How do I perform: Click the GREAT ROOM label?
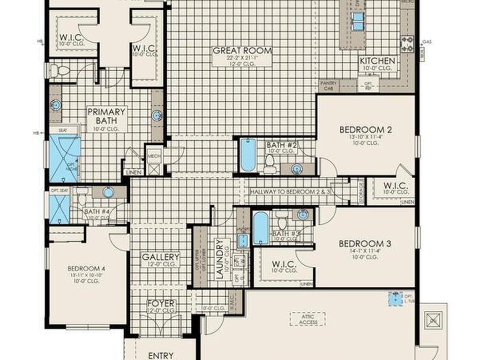pos(242,51)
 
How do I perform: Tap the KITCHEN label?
pos(377,61)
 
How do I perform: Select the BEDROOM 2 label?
pos(365,130)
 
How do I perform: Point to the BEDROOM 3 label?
pos(365,244)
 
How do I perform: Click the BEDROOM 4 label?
pos(86,269)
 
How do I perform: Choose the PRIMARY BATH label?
pos(107,116)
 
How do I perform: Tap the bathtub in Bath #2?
pos(247,155)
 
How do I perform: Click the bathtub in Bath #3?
pos(261,228)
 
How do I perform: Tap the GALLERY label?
pos(161,257)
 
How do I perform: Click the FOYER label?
pos(161,303)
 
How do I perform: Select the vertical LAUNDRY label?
pos(219,259)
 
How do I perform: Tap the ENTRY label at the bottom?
pos(161,355)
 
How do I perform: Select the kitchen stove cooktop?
pos(407,44)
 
